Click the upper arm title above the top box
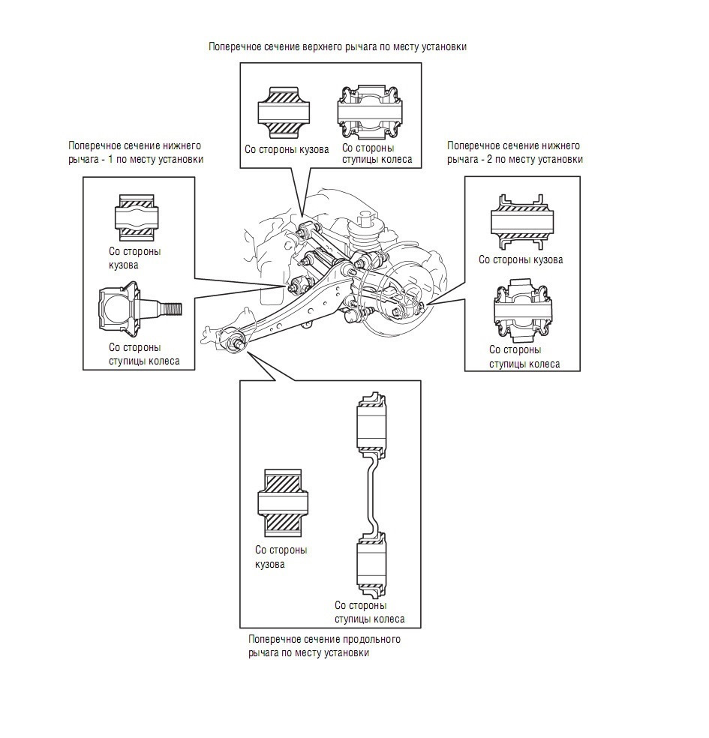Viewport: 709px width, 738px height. pos(338,46)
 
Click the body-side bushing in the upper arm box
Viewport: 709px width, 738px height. pos(284,112)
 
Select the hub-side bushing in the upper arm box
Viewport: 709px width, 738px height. pos(371,112)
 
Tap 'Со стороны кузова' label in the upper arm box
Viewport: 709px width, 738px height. pos(287,150)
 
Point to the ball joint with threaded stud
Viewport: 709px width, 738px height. pos(140,309)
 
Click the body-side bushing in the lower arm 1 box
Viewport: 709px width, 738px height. pos(137,218)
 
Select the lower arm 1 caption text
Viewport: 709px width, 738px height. pos(136,152)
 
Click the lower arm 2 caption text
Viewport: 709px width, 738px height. pos(515,152)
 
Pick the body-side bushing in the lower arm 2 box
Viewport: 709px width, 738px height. pos(522,220)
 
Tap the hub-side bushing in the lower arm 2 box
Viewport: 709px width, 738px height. pos(522,311)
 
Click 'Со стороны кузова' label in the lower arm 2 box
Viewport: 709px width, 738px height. pos(521,259)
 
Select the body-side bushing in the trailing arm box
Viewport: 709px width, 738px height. pos(283,502)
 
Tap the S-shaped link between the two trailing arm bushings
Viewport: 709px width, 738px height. pos(371,495)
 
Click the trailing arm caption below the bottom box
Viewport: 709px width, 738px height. pos(324,646)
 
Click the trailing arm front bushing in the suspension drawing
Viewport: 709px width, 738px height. pos(234,339)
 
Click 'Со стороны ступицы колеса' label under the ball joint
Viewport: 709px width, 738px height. pos(144,354)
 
